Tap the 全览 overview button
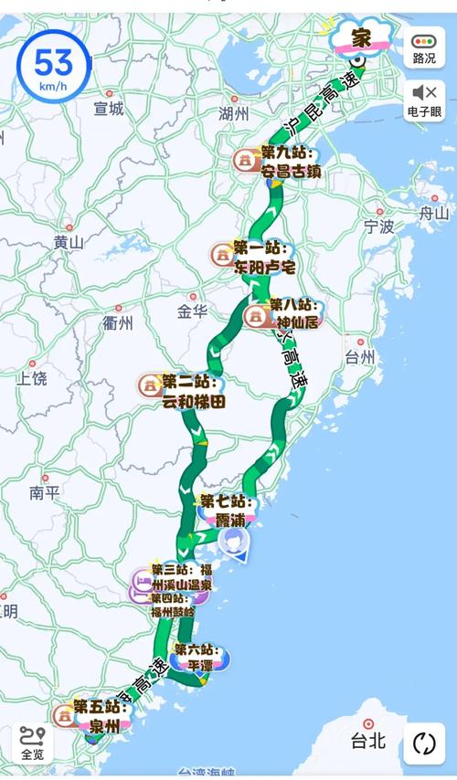coord(32,743)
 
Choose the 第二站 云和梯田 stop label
coord(192,390)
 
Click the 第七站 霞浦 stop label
coord(224,510)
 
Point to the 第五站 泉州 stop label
coord(97,716)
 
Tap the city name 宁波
coord(378,225)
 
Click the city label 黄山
coord(69,243)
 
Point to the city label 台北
coord(371,740)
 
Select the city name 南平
coord(44,493)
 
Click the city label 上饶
coord(31,377)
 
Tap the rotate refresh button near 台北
coord(424,743)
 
